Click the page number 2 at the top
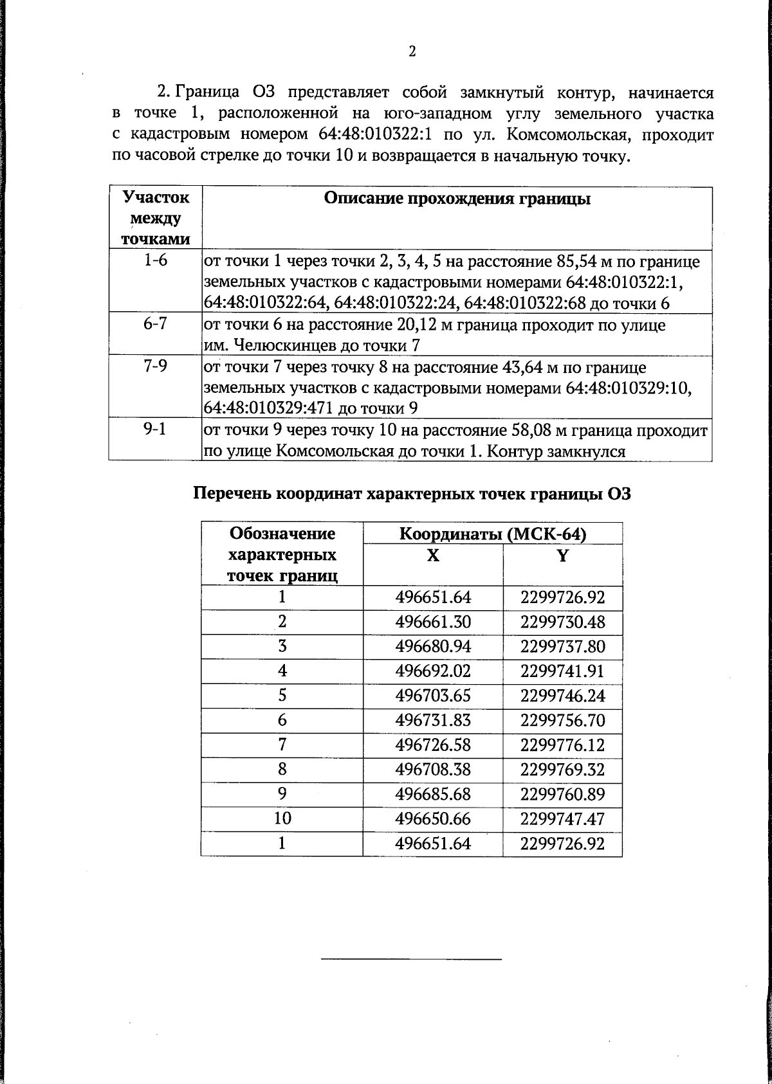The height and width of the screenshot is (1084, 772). (x=412, y=51)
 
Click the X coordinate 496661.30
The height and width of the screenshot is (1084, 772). (x=433, y=622)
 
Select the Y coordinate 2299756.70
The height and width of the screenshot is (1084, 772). (x=563, y=721)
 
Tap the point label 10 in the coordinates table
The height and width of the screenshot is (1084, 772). (x=282, y=818)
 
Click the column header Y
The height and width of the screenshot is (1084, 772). (x=563, y=556)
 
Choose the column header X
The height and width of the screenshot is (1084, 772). (x=433, y=556)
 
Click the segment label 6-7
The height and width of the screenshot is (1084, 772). (x=155, y=324)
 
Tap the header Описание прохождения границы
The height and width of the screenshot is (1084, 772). (x=457, y=199)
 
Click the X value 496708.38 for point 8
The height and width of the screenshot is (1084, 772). (x=433, y=770)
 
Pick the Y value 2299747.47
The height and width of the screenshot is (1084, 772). (x=563, y=818)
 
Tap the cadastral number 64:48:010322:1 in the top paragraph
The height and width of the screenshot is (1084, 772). (x=373, y=135)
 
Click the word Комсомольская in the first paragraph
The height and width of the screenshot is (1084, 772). (x=572, y=135)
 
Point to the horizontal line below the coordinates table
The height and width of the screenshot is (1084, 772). (x=411, y=960)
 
